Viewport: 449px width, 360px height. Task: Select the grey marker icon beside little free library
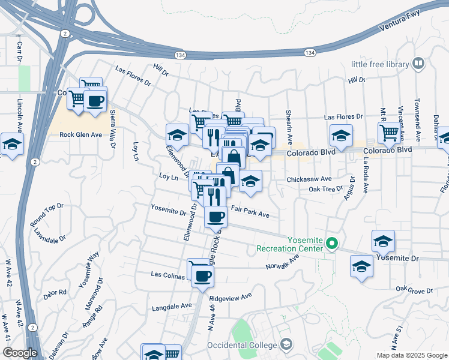click(418, 63)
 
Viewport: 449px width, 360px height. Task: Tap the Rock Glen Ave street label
click(81, 135)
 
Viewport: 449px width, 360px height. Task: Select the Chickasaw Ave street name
click(310, 179)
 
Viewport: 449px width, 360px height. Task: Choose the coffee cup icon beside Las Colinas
click(203, 276)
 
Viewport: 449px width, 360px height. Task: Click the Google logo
click(19, 353)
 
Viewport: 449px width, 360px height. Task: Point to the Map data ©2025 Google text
click(411, 355)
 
